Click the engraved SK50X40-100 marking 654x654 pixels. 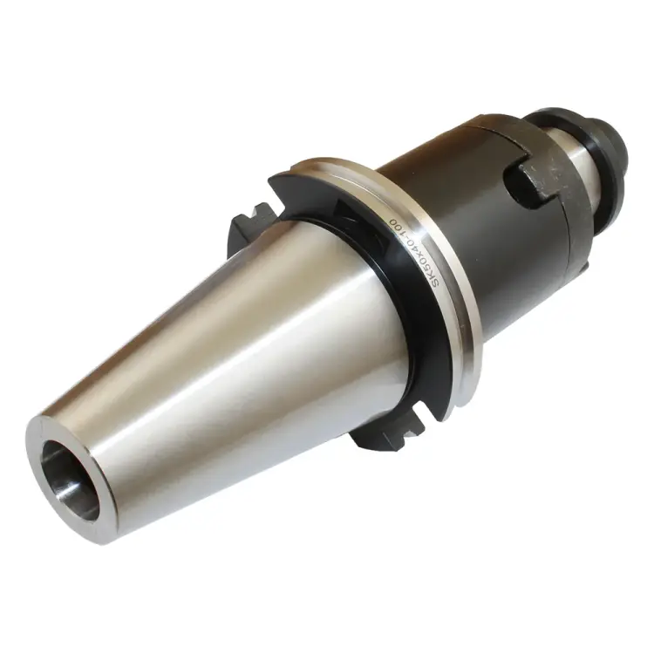pos(410,253)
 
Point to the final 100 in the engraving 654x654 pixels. pos(392,224)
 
